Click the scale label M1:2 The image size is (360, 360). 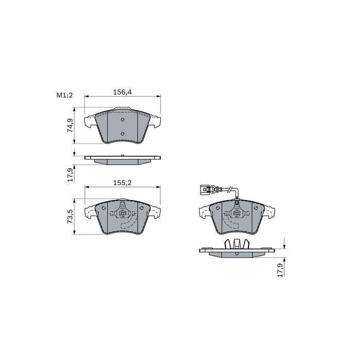[x=64, y=95]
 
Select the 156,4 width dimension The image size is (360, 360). [x=122, y=92]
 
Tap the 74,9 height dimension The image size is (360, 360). [x=70, y=125]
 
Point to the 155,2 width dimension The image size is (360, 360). [x=122, y=183]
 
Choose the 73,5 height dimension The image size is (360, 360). [x=70, y=217]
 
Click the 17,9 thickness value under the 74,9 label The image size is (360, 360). [x=70, y=175]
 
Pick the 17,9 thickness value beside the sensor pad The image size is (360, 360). [x=280, y=270]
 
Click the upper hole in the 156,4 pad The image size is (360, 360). [x=122, y=120]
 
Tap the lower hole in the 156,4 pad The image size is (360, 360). [x=122, y=134]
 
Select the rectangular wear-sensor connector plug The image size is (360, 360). [x=205, y=190]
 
